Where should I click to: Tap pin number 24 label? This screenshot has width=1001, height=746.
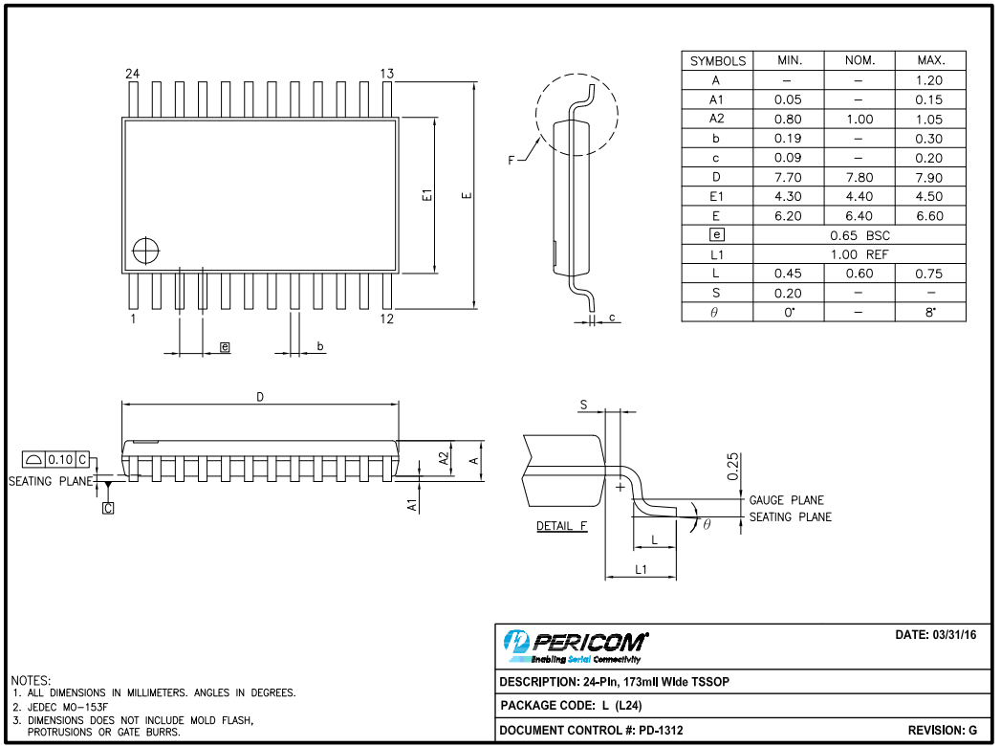click(x=132, y=74)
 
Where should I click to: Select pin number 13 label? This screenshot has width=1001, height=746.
click(x=387, y=74)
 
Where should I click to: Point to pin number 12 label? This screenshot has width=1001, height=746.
click(x=387, y=319)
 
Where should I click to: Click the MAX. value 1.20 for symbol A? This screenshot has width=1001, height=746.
click(x=929, y=80)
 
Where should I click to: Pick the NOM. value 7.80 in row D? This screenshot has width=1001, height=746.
click(x=860, y=177)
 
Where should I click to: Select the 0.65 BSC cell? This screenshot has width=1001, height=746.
click(x=860, y=235)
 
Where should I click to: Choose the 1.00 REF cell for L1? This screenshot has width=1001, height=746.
click(x=860, y=254)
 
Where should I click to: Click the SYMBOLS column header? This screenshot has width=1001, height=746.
click(x=717, y=60)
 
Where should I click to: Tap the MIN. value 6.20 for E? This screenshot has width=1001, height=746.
click(x=788, y=216)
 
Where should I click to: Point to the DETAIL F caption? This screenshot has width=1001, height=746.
click(x=561, y=526)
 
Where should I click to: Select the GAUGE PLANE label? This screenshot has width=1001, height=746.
click(x=786, y=500)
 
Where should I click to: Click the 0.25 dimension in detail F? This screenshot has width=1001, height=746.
click(x=732, y=467)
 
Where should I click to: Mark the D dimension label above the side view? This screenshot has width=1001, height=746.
click(x=259, y=397)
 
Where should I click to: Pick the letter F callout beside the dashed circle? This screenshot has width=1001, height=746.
click(x=511, y=161)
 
